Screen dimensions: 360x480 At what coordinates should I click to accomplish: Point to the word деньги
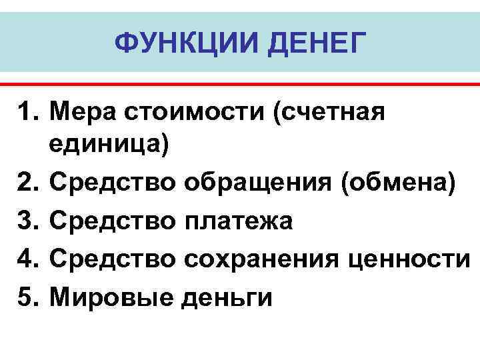tap(223, 296)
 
